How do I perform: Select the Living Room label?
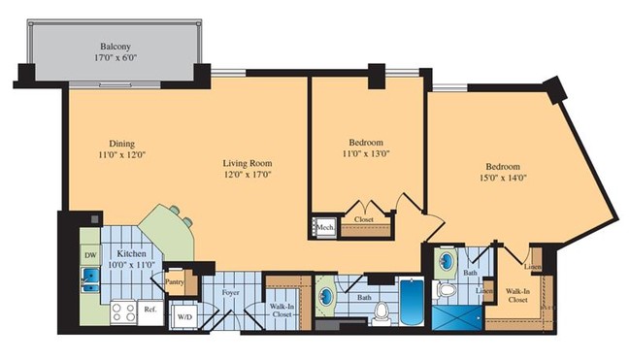tap(248, 165)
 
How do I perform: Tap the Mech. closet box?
tap(325, 227)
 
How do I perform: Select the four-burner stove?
tap(123, 311)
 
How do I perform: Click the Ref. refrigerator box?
tap(150, 311)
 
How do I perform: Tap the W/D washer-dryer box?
tap(183, 315)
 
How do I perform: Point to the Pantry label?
tap(176, 282)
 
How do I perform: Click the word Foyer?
tap(230, 292)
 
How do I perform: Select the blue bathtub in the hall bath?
tap(411, 302)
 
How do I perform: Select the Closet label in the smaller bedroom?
tap(364, 219)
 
